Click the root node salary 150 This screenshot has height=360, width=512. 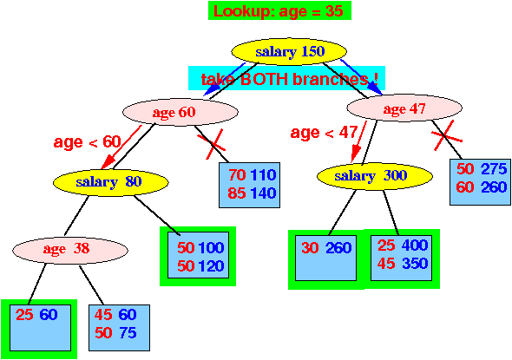(289, 51)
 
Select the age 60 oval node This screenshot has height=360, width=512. (181, 112)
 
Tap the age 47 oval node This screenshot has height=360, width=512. (404, 108)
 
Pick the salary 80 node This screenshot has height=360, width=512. (111, 182)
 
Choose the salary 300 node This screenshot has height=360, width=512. (375, 176)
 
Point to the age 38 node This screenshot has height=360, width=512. (70, 250)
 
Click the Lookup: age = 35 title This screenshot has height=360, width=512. (279, 10)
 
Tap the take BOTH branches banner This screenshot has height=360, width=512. (286, 78)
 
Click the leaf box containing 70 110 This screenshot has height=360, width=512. (249, 185)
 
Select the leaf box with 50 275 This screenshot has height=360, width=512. (480, 182)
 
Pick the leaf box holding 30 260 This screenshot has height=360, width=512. (326, 258)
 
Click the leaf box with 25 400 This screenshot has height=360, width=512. (401, 258)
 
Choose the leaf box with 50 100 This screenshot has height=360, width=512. (198, 255)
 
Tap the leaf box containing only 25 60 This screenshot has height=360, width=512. (40, 328)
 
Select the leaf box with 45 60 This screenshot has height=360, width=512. (120, 328)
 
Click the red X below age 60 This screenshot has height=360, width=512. (211, 144)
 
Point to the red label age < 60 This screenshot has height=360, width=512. (87, 142)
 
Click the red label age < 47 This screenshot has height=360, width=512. (324, 133)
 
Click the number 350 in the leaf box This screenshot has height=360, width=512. (415, 264)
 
